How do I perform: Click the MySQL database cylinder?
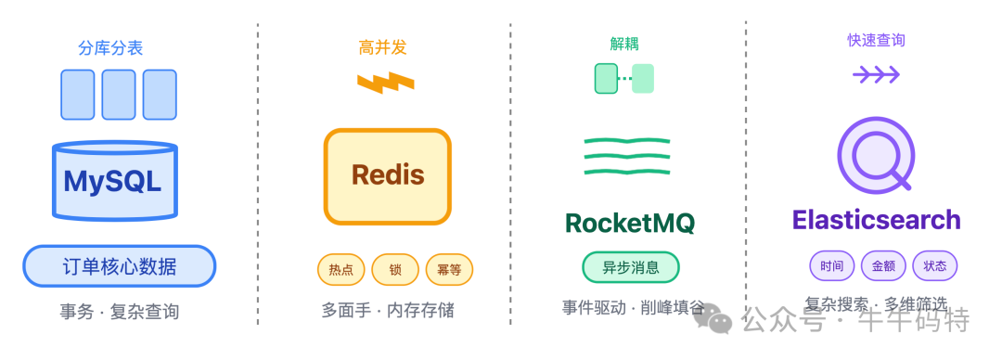113,181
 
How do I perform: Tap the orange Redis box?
388,176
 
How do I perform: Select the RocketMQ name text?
629,223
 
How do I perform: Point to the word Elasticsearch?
876,220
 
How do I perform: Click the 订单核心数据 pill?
119,266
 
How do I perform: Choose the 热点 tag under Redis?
340,269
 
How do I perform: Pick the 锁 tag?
395,269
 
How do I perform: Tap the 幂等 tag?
449,269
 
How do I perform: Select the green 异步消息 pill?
631,267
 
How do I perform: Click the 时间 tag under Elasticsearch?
832,266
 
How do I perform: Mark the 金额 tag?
883,266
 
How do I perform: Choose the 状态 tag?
934,266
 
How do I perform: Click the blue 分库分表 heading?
110,47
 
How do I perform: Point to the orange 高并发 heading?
382,47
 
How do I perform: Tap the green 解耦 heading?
623,44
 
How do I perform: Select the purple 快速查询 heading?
876,41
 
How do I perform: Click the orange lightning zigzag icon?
385,83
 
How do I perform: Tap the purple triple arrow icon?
876,74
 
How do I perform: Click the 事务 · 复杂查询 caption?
119,312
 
